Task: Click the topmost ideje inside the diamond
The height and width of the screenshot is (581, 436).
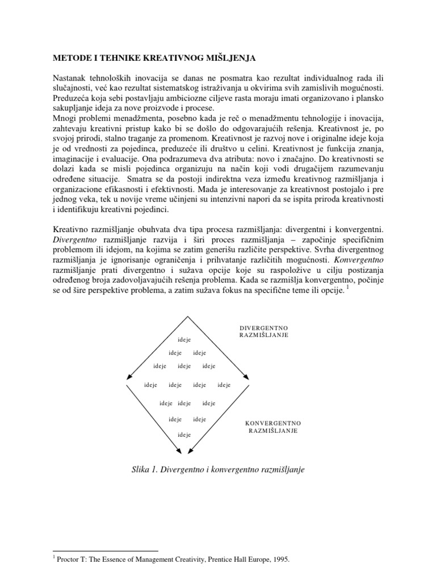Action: click(184, 339)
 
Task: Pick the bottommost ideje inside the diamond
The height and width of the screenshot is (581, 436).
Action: click(184, 435)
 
